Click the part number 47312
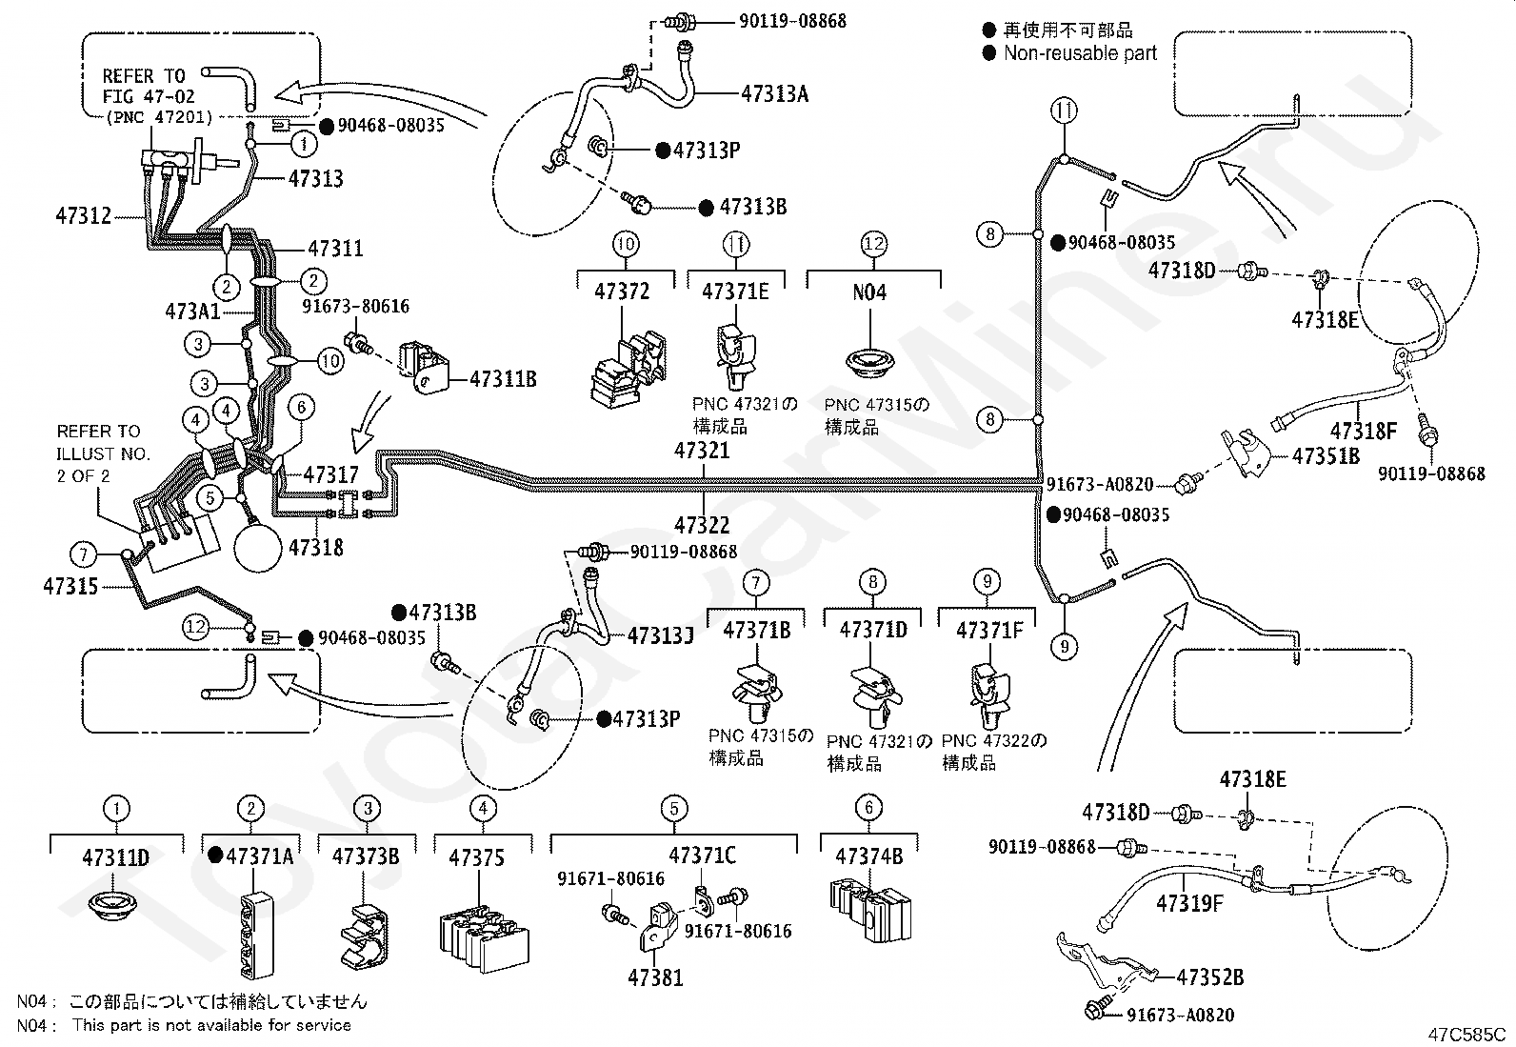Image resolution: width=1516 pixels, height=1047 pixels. [x=84, y=217]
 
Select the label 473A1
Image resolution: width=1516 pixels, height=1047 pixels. [x=191, y=312]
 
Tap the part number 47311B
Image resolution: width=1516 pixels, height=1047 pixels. [x=503, y=379]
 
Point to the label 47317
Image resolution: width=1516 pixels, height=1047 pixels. [x=331, y=474]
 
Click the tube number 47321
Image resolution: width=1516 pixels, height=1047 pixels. [x=702, y=450]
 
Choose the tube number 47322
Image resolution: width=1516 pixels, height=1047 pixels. [x=702, y=525]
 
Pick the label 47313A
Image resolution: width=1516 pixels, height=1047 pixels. [x=775, y=93]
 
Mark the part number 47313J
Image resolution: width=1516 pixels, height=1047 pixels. [x=660, y=634]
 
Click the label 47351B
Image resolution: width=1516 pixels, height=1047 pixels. [x=1326, y=455]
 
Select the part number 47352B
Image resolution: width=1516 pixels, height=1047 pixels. [x=1209, y=977]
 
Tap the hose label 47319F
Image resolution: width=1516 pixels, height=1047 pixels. [x=1188, y=903]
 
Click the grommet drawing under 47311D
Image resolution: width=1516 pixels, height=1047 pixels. [x=115, y=904]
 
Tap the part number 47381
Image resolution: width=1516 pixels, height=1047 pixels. [x=655, y=977]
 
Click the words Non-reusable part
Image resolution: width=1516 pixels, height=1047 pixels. [x=1080, y=54]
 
